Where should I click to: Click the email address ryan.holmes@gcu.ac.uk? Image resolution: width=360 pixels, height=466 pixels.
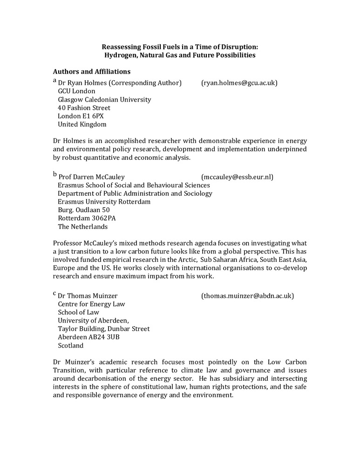239,83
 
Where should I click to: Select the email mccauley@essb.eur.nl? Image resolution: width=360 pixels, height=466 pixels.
237,177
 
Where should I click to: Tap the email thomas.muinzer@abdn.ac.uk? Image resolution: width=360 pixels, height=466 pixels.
247,296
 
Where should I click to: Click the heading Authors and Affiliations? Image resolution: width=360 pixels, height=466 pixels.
91,72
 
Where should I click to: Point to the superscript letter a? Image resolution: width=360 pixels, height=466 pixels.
54,81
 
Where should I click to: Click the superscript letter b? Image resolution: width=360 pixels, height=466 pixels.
54,174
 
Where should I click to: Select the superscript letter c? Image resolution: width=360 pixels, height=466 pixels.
54,294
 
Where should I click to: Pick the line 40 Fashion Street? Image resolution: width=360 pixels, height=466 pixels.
84,108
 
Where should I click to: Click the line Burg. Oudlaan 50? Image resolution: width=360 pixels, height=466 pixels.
84,210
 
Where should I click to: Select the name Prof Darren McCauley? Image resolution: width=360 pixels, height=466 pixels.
91,177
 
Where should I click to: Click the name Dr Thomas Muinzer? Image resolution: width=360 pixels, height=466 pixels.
88,296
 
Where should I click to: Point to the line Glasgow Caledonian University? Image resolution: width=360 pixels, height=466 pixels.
104,100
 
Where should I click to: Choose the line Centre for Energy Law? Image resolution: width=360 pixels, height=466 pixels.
91,304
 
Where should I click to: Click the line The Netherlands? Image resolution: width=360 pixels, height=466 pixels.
82,227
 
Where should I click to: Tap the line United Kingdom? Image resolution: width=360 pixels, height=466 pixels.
82,124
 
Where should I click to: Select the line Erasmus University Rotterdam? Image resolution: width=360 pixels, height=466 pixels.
104,202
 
